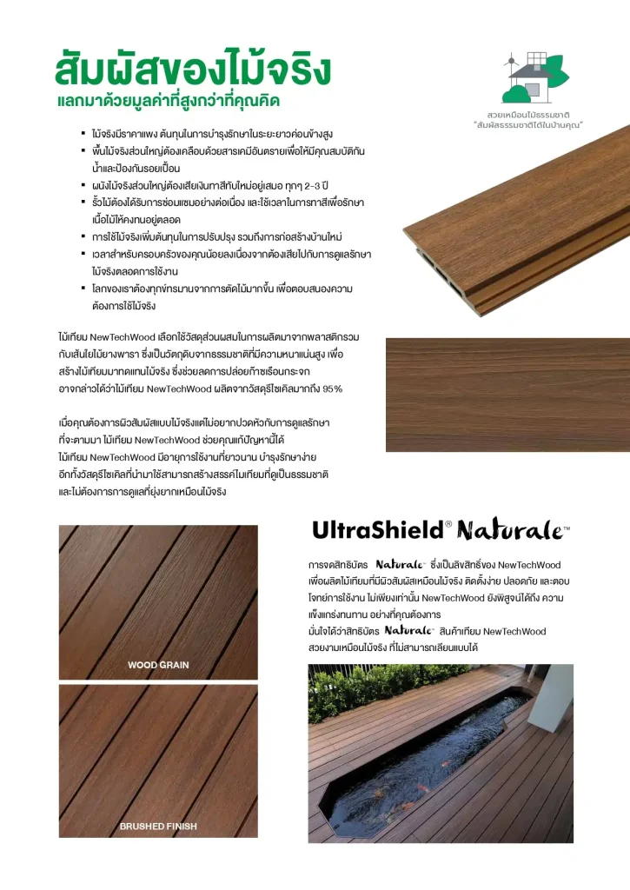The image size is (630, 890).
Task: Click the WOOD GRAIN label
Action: pos(158,665)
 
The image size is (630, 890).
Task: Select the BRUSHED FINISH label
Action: pos(158,826)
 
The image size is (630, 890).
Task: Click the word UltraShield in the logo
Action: pos(376,529)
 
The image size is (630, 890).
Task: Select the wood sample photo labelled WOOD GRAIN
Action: pos(158,601)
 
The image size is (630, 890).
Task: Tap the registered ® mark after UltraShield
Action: pos(448,524)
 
